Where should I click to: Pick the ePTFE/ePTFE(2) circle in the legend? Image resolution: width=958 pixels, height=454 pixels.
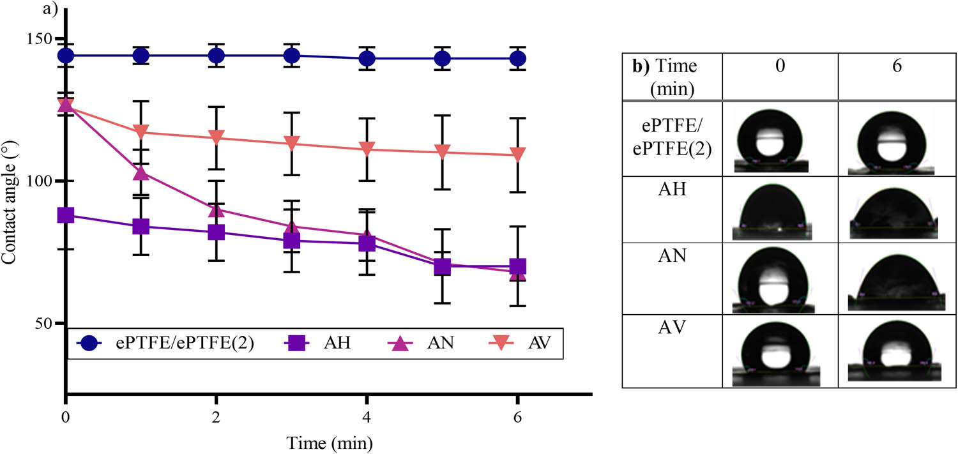pos(89,345)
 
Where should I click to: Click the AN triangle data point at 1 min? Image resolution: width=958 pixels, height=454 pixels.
pos(141,173)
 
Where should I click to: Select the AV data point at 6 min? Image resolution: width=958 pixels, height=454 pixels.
pos(518,155)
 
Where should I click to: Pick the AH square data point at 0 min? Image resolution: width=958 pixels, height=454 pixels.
pos(66,215)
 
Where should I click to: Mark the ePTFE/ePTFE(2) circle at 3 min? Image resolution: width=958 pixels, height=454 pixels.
pos(292,56)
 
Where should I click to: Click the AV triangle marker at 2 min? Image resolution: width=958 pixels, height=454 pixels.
pos(217,138)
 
